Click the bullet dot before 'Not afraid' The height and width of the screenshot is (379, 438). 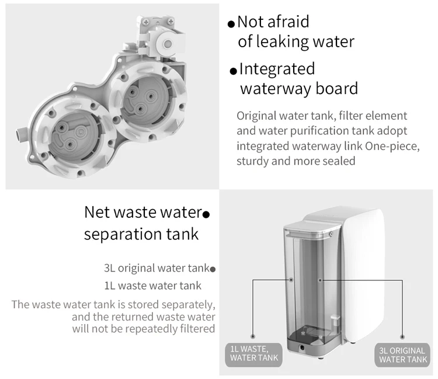pos(231,25)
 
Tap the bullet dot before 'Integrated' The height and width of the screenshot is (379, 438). pos(233,71)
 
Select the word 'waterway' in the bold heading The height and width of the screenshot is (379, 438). pos(276,89)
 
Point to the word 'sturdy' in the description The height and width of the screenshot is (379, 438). pos(255,161)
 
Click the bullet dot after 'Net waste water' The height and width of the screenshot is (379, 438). pos(206,214)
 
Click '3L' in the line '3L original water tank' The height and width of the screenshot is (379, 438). pos(110,269)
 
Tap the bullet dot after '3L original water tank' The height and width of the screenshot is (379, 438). pos(213,270)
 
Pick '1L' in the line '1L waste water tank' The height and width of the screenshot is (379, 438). pos(110,286)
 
